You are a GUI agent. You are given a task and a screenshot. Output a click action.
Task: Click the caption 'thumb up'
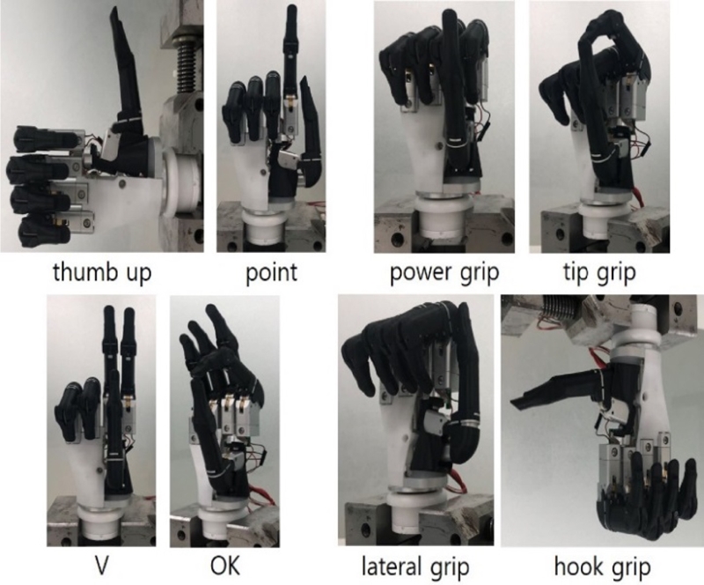pyautogui.click(x=102, y=272)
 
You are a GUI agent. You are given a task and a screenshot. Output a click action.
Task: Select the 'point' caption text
pyautogui.click(x=271, y=272)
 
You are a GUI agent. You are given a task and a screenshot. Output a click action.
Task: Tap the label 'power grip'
pyautogui.click(x=444, y=272)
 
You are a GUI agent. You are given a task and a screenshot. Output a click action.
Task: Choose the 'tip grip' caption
pyautogui.click(x=599, y=272)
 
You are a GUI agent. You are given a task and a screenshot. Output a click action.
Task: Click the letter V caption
pyautogui.click(x=102, y=566)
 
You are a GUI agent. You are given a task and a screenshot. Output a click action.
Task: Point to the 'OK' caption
pyautogui.click(x=225, y=566)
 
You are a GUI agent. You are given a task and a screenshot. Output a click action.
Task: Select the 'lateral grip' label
pyautogui.click(x=415, y=566)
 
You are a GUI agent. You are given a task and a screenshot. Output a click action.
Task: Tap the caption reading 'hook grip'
pyautogui.click(x=602, y=566)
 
